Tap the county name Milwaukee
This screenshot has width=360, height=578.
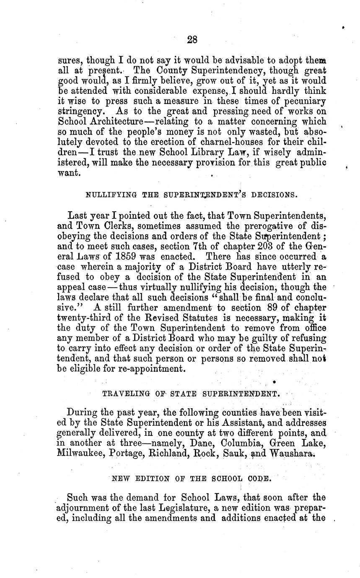(x=80, y=453)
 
